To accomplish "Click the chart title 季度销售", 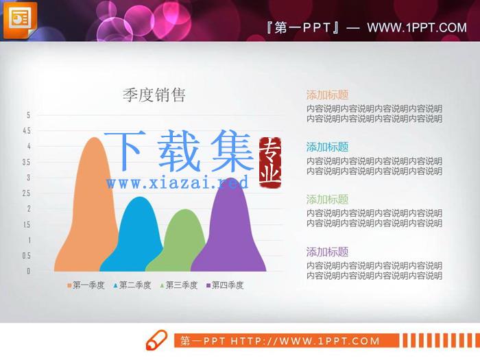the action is tap(154, 95).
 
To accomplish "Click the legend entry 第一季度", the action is tap(86, 285).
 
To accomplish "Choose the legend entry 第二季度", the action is tap(132, 285).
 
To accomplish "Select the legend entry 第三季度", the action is tap(179, 285).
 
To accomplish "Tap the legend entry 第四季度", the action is tap(225, 285).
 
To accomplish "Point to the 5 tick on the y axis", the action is tap(29, 115).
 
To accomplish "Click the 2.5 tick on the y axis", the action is tap(26, 193).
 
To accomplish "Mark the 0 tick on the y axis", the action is tap(29, 271).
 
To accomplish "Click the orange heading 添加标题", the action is tap(327, 95).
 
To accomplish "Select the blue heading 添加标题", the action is tap(327, 147).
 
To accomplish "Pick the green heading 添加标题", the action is tap(327, 200).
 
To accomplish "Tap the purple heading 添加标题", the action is tap(327, 252).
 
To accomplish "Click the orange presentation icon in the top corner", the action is tap(20, 20).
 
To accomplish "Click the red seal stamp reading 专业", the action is tap(270, 163).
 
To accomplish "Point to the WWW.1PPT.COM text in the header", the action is tap(417, 28).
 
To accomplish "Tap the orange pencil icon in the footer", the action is tap(156, 340).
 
